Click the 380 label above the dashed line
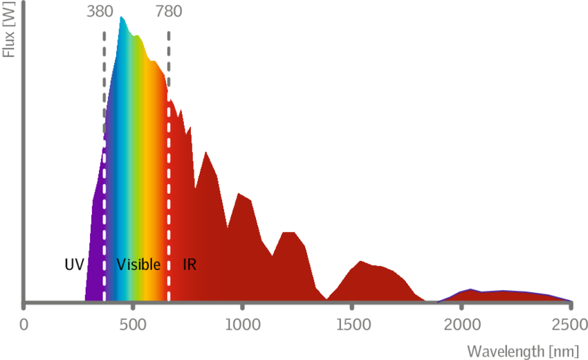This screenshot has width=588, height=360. [x=100, y=12]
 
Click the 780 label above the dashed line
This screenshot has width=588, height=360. [x=169, y=12]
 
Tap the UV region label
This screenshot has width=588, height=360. [x=74, y=264]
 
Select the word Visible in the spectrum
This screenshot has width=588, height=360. [x=138, y=264]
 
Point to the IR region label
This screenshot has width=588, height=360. [x=188, y=264]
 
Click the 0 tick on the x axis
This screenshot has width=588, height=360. [x=25, y=323]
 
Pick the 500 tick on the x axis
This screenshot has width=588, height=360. [x=134, y=323]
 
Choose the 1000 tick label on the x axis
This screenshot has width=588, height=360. [x=242, y=323]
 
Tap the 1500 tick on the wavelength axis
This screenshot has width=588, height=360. [x=351, y=323]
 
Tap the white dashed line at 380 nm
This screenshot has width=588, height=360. [x=104, y=208]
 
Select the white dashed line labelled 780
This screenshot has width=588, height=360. [x=169, y=208]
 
